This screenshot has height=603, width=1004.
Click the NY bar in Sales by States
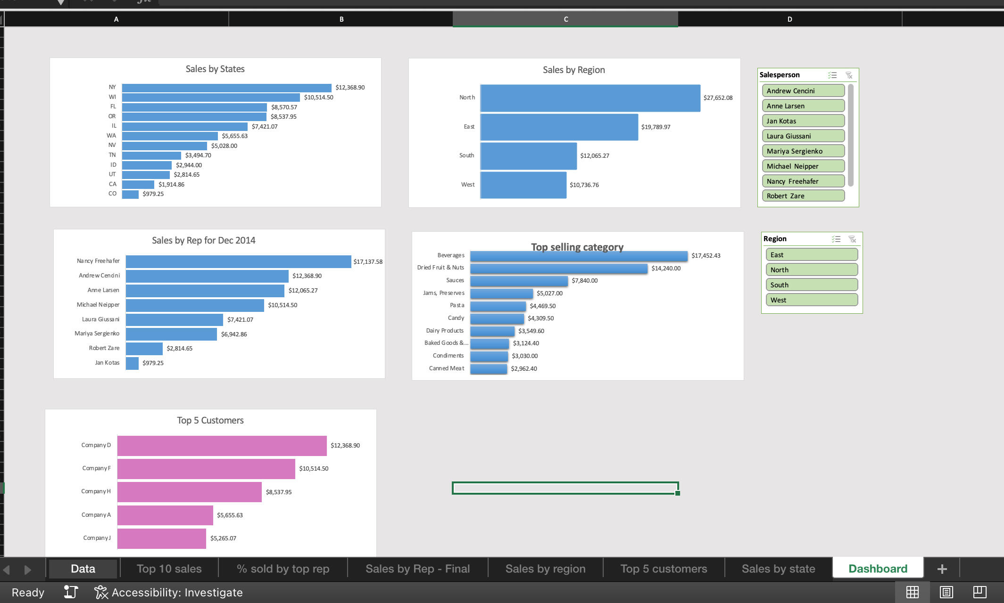226,88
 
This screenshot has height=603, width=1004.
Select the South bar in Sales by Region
528,156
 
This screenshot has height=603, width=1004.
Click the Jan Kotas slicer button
803,121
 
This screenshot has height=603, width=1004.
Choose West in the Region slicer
811,300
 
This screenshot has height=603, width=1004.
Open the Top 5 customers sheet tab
664,569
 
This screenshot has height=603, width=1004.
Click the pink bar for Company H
189,492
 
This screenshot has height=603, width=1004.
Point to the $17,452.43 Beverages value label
705,256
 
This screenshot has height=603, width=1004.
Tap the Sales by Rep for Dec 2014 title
203,240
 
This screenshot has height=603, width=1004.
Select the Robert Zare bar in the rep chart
144,349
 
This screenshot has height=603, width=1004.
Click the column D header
789,19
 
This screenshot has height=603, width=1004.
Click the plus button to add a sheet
942,569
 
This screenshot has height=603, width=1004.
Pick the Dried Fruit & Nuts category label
440,268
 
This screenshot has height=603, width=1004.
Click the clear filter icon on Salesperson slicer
849,75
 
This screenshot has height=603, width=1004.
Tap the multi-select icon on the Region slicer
836,239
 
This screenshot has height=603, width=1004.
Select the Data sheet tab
83,569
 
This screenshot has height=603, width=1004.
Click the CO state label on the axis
112,194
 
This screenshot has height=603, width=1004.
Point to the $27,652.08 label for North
718,98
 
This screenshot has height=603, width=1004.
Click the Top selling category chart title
577,247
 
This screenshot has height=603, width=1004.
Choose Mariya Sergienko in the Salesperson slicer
803,151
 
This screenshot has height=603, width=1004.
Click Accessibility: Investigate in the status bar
177,592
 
